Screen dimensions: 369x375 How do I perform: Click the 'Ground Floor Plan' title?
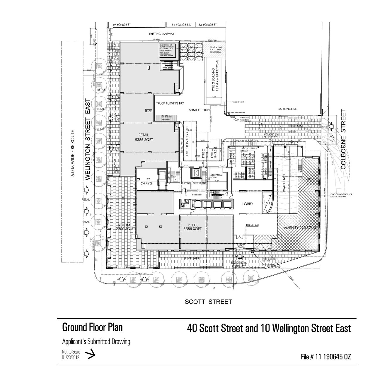pos(92,327)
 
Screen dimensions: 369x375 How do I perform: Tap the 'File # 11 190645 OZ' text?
pos(326,357)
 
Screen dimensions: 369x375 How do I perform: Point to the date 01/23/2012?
pos(70,357)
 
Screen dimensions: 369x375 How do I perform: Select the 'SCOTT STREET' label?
pos(208,302)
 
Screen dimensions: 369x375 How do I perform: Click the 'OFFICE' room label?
pos(146,184)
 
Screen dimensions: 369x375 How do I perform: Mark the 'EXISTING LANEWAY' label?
pos(161,34)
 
